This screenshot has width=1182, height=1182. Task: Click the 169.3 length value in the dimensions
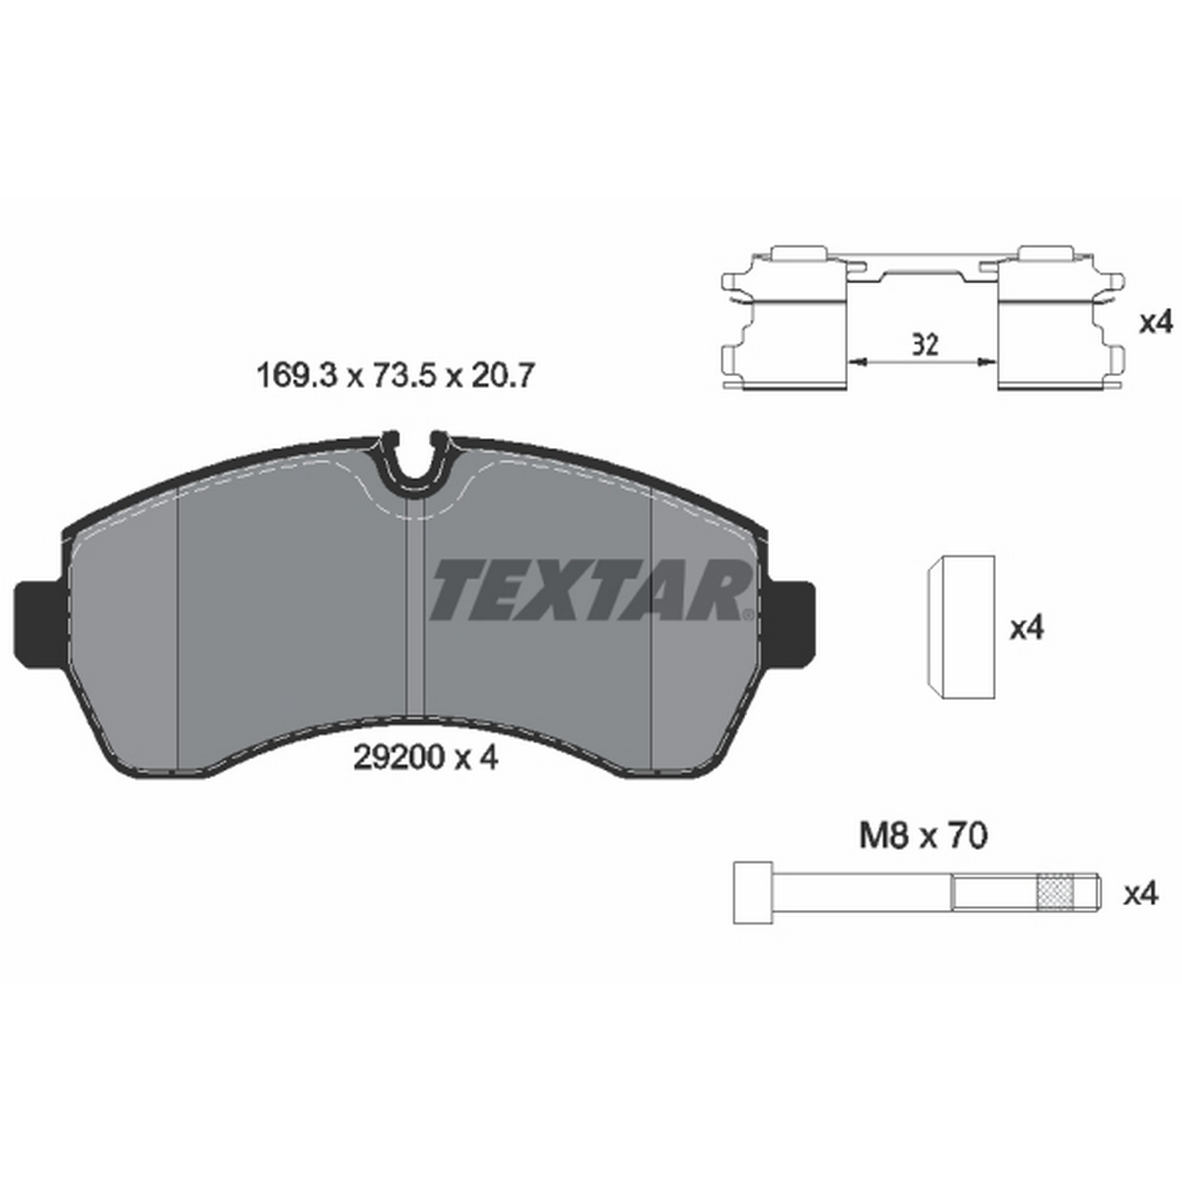point(297,375)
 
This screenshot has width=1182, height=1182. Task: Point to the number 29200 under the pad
point(398,759)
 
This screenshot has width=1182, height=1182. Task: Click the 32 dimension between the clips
point(925,345)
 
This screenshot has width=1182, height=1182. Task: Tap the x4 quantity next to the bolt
point(1141,895)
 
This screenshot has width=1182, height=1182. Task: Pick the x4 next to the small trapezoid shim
point(1026,628)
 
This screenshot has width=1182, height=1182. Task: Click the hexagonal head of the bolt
point(753,893)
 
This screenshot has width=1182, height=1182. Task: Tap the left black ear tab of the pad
point(38,622)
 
